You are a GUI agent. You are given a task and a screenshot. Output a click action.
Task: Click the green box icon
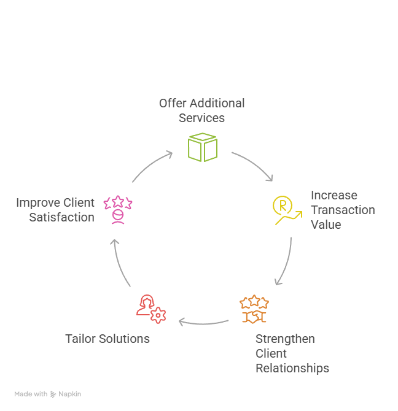(x=202, y=147)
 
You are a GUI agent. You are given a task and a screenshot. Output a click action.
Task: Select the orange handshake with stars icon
(x=254, y=309)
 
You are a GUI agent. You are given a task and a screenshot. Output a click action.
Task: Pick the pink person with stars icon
(x=117, y=209)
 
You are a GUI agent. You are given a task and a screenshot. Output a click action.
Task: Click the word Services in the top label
(x=201, y=118)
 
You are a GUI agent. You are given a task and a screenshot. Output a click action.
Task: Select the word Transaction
(x=342, y=210)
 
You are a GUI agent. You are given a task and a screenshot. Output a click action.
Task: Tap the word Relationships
(x=292, y=368)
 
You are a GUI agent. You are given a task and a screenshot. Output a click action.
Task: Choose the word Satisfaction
(x=62, y=217)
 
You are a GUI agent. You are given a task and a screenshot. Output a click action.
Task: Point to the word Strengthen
(x=285, y=339)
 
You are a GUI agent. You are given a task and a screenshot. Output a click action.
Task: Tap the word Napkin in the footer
(x=70, y=394)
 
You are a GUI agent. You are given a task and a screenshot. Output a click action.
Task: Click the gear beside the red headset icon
(x=158, y=315)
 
